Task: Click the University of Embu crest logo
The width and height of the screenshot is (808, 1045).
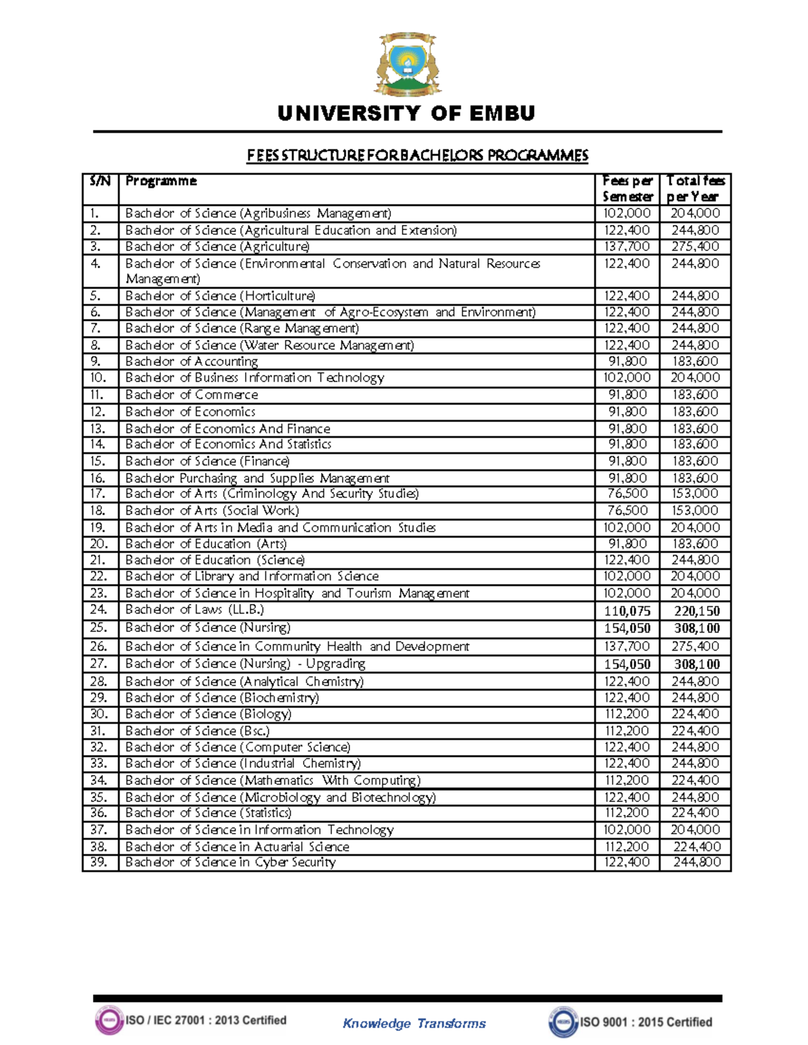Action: point(406,65)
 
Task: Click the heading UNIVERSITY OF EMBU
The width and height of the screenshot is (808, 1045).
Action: point(406,114)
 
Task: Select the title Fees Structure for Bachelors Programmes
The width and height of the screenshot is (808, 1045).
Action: point(417,155)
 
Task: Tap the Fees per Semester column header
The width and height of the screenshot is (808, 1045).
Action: point(627,189)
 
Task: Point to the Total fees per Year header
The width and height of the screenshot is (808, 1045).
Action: point(695,189)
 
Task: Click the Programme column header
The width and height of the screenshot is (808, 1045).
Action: point(161,181)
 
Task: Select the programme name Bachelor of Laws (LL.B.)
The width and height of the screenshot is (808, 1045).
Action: point(195,610)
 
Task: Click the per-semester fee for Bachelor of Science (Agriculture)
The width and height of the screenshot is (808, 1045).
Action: point(627,247)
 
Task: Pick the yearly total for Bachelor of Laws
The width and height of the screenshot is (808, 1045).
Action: point(696,611)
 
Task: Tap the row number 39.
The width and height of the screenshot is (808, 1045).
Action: point(99,863)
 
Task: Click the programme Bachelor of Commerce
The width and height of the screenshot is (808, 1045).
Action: point(191,395)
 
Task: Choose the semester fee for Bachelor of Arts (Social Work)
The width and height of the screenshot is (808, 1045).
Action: point(627,511)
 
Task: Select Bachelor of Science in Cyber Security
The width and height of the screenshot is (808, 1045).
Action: point(230,863)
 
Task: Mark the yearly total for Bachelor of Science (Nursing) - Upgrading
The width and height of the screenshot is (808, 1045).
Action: point(696,664)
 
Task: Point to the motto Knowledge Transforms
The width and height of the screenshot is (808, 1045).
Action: point(414,1023)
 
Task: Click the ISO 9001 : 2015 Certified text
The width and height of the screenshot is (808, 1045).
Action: point(646,1022)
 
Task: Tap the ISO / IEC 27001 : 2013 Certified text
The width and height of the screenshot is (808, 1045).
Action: point(205,1020)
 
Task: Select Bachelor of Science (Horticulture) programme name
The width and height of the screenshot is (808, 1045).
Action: point(220,296)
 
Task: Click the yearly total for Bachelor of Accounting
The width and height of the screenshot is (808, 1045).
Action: point(695,362)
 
